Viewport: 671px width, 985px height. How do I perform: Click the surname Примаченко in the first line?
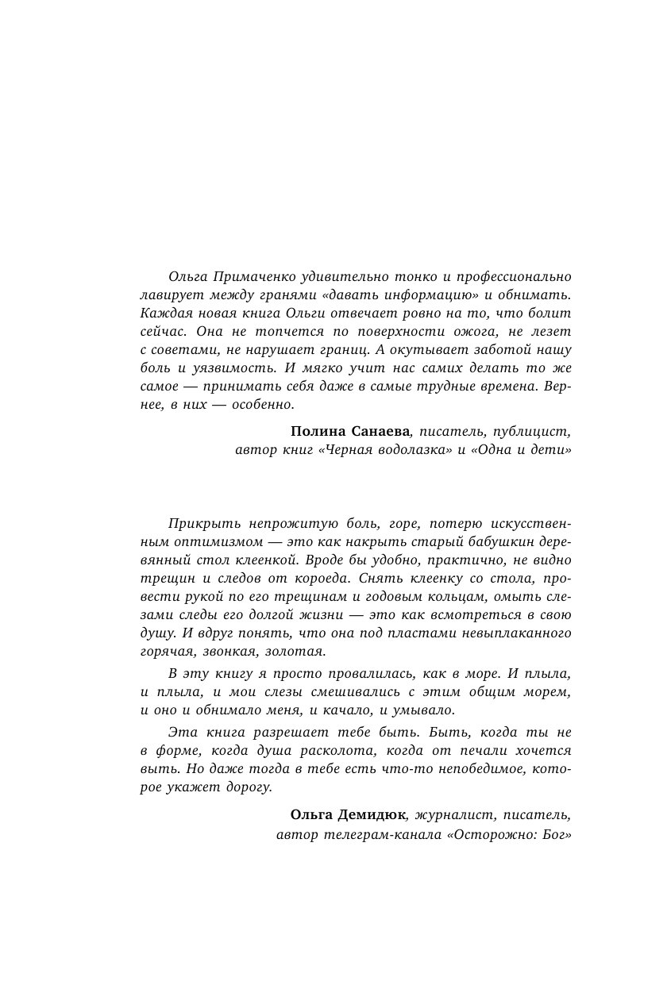(x=251, y=276)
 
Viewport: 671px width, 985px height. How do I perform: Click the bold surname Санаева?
(x=378, y=431)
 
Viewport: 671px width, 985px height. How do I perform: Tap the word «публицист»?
(x=532, y=431)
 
